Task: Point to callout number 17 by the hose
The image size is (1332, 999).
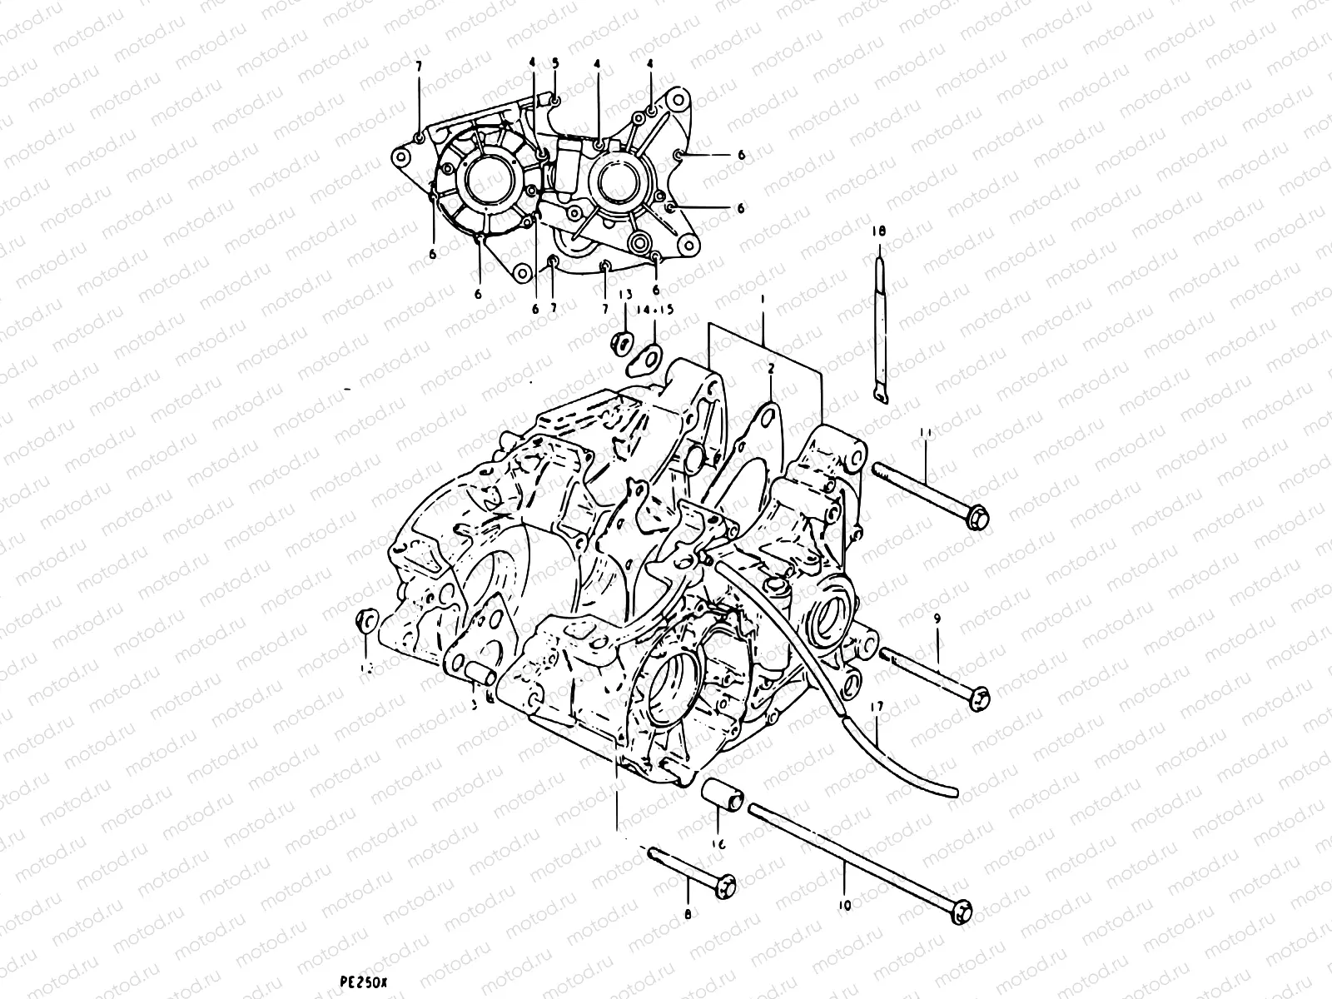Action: click(876, 707)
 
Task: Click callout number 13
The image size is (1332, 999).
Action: click(625, 294)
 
